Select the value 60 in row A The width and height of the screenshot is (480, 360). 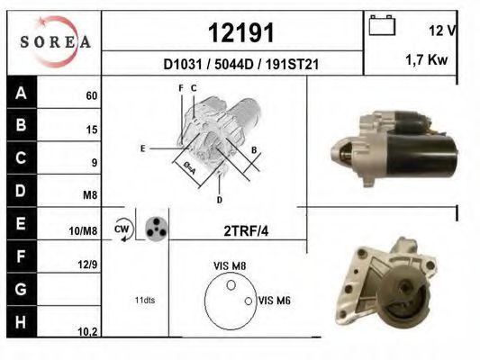click(91, 95)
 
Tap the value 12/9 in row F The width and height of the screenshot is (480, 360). click(88, 265)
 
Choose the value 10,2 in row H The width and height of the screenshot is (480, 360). click(88, 331)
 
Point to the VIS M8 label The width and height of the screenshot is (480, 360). click(230, 265)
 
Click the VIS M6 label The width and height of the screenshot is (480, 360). click(274, 301)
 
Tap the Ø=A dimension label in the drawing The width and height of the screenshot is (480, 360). click(190, 167)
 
